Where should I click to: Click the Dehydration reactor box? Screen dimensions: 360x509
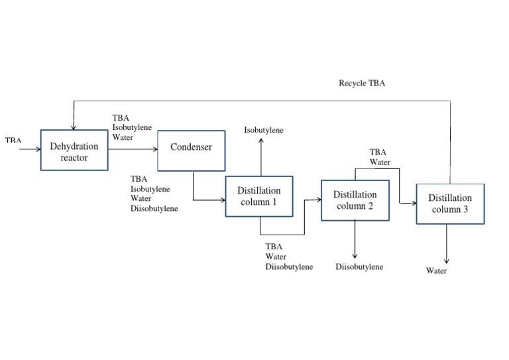(74, 151)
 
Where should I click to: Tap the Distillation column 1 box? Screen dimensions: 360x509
(259, 196)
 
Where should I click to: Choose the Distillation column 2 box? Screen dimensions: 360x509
(355, 200)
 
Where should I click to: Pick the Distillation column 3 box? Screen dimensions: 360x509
(450, 204)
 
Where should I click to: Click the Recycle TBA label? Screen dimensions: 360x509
(362, 84)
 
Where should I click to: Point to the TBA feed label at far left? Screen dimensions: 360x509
(13, 141)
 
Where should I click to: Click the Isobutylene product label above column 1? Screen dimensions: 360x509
(264, 130)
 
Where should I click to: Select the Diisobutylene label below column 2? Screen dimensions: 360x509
(359, 267)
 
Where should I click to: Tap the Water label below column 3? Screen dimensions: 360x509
(436, 270)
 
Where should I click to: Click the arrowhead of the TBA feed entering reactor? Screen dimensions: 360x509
(38, 149)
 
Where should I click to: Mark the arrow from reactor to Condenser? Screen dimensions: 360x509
(133, 149)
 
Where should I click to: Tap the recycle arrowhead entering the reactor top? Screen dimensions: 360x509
(74, 127)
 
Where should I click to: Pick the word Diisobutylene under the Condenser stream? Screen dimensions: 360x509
(154, 208)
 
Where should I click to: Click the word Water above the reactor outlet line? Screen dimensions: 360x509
(123, 137)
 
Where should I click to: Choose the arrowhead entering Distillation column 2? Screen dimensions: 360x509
(317, 198)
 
